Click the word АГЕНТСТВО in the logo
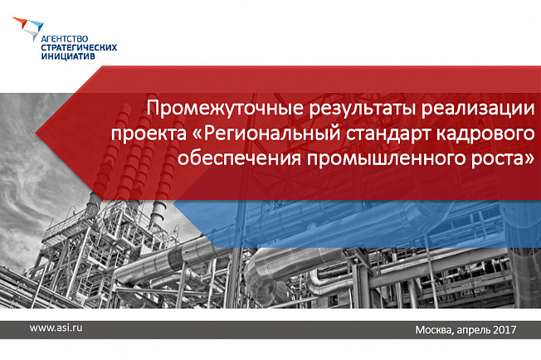tap(64, 39)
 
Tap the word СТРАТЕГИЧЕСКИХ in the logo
tap(79, 47)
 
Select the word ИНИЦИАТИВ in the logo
tap(68, 56)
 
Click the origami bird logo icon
tap(28, 27)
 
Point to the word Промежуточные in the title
tap(226, 109)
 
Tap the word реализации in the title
tap(477, 109)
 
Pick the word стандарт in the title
tap(388, 134)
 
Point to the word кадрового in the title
tap(485, 134)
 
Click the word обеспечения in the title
tap(239, 159)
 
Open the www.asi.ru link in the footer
tap(56, 328)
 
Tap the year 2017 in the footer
tap(504, 329)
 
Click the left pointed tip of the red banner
tap(36, 134)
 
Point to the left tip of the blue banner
tap(173, 202)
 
